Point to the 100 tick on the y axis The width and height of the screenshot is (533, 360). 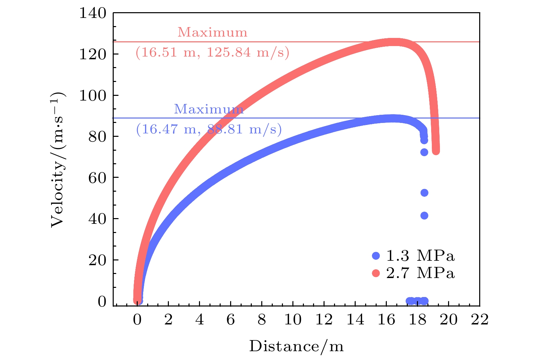coord(92,96)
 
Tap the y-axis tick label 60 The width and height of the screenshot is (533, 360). coord(97,178)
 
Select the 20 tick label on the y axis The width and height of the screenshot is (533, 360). coord(97,260)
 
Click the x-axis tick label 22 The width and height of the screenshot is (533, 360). coord(480,319)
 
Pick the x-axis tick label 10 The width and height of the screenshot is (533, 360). coord(293,319)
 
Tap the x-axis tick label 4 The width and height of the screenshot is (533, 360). coord(200,319)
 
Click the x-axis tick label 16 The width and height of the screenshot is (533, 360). coord(386,319)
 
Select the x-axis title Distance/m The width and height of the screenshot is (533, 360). coord(296,346)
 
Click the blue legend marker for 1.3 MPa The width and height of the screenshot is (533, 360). coord(376,256)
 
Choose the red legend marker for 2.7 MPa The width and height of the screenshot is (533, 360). coord(376,273)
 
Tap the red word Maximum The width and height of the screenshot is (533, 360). coord(212,33)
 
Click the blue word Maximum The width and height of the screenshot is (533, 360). coord(208,109)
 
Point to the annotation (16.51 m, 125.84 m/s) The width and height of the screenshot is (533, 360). coord(212,52)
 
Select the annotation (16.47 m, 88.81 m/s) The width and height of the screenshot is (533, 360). coord(209,129)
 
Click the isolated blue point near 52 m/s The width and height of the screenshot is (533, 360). coord(424,193)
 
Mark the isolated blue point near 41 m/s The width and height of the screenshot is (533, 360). coord(424,215)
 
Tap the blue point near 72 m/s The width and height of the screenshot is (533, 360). coord(424,152)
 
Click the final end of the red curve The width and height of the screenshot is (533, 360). coord(436,151)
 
